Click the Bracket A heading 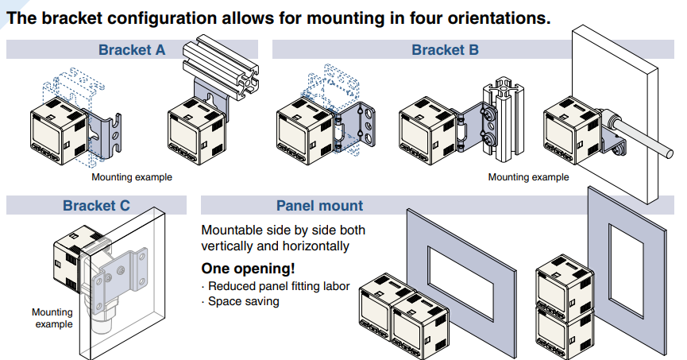132,50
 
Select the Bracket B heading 445,50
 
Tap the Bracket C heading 96,206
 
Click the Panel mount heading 319,206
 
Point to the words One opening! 249,268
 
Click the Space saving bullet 243,301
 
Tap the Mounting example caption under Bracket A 131,177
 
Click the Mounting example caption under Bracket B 528,177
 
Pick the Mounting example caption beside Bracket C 52,318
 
